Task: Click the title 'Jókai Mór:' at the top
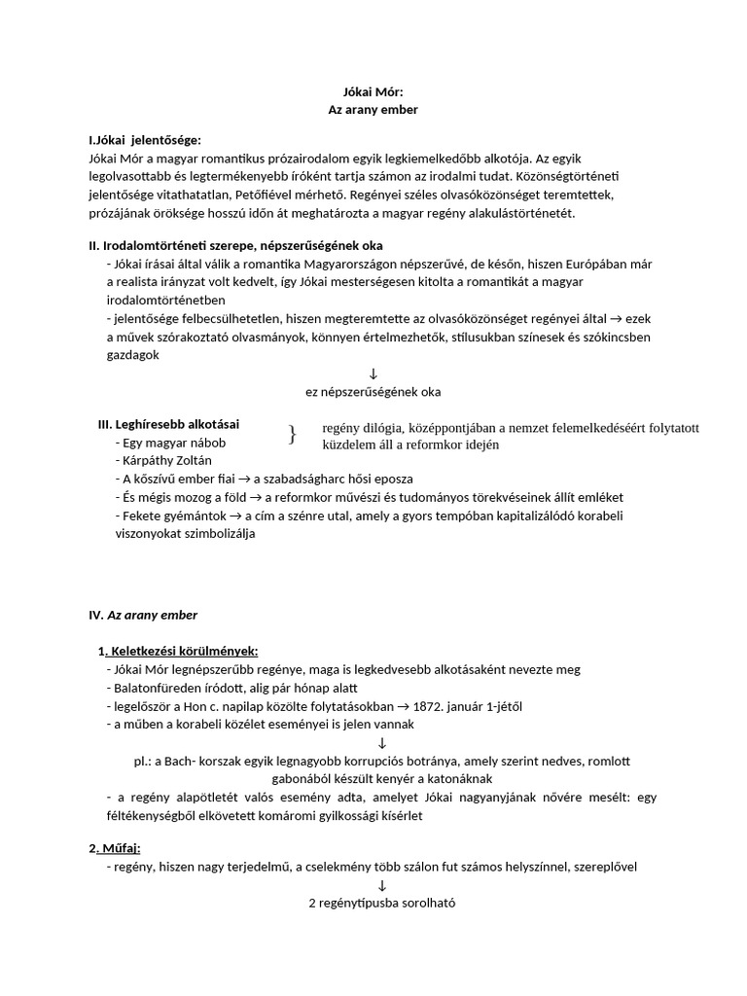[373, 92]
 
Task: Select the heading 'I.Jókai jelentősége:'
[145, 140]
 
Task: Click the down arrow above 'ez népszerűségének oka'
[373, 373]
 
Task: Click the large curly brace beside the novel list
[292, 435]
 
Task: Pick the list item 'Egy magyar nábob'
[170, 443]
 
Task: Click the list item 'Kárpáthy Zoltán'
[167, 460]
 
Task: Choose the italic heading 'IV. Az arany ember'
[143, 615]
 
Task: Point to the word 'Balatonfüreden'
[161, 687]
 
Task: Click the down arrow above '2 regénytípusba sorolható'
[381, 884]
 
